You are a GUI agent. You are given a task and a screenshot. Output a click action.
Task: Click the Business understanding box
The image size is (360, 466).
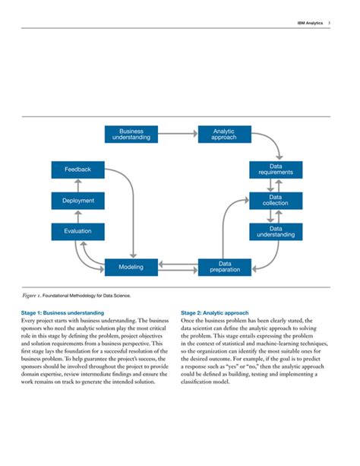[131, 135]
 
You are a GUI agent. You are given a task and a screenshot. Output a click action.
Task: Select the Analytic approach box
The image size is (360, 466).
[224, 135]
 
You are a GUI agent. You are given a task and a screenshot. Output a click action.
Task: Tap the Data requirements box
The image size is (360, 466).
[276, 170]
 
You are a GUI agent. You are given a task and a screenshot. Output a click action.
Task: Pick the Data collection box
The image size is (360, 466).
[276, 201]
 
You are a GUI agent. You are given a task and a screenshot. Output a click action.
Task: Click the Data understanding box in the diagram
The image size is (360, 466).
[276, 231]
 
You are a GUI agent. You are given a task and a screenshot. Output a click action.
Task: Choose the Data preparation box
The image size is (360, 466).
[224, 267]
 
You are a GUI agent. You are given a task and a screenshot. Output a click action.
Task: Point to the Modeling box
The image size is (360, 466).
[131, 267]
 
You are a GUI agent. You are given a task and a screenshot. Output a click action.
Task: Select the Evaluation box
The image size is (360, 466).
[78, 231]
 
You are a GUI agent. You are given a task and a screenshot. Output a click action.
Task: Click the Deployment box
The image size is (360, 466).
[78, 201]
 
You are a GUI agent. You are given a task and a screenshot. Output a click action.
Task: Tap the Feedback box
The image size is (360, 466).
[78, 170]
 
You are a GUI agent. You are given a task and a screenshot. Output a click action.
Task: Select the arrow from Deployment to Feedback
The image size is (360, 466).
[78, 185]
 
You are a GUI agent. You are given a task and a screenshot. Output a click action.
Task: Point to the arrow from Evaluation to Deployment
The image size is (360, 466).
[78, 216]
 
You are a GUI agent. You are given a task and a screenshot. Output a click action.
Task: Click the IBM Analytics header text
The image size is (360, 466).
[309, 24]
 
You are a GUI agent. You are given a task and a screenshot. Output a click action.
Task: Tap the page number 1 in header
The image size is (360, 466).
[329, 24]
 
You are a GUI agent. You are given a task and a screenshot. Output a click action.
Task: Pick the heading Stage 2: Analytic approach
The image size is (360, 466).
[215, 312]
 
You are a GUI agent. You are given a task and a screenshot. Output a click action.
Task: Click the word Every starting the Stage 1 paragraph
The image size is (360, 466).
[39, 321]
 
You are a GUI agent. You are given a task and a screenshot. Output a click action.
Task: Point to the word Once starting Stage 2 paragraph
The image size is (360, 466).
[189, 321]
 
